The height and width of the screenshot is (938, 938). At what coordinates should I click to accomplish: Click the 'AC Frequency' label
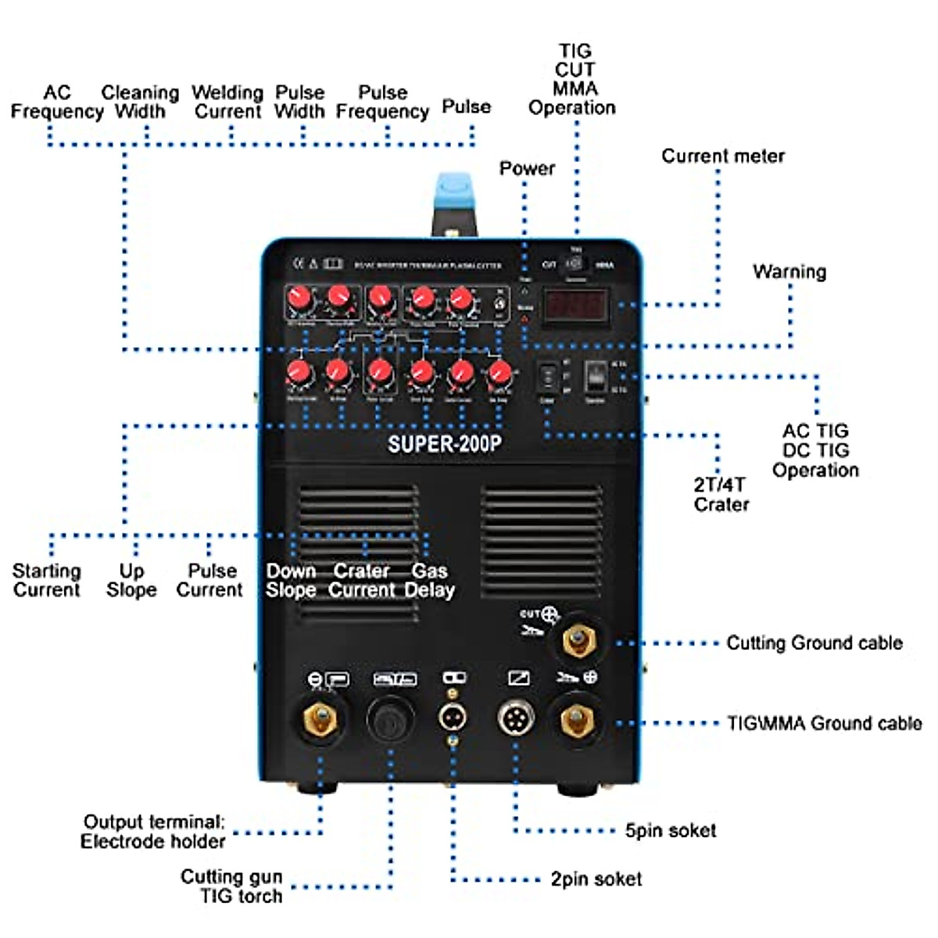(56, 102)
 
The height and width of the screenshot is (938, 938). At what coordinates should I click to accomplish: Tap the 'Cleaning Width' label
(140, 102)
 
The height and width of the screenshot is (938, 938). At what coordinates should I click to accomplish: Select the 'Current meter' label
(722, 156)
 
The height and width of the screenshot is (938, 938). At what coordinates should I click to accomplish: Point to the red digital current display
(575, 305)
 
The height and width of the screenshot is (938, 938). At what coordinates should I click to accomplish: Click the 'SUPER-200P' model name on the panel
(444, 444)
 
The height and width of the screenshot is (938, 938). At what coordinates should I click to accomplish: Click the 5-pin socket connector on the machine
(517, 717)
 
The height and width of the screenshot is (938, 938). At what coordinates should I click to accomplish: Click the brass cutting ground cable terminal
(578, 642)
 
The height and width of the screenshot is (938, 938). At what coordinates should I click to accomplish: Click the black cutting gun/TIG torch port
(391, 719)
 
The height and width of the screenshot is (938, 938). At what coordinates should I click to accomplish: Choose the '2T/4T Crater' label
(721, 494)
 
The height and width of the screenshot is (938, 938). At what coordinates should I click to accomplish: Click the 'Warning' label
(789, 272)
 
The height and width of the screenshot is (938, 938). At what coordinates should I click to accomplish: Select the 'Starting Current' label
(47, 581)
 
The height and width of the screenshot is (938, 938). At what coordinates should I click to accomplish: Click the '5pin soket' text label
(670, 830)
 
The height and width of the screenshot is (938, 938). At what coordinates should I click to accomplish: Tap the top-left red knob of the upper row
(298, 298)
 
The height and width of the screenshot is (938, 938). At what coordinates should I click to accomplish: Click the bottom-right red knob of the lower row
(499, 374)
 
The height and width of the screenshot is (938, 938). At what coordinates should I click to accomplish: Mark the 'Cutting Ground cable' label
(814, 643)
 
